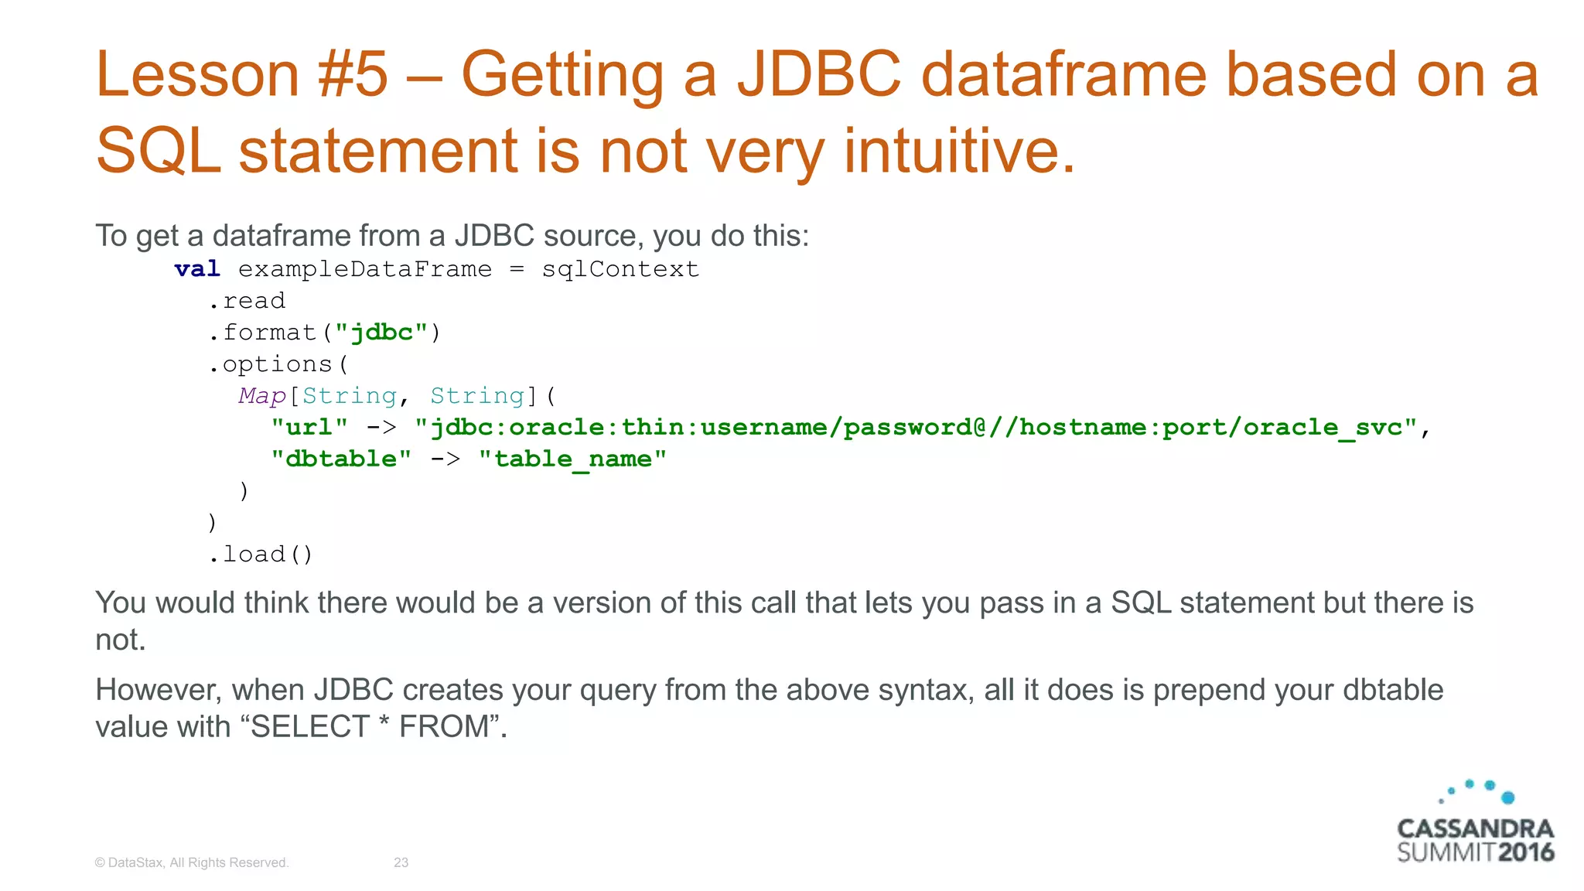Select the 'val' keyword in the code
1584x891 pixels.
(197, 269)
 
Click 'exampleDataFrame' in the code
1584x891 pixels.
(364, 269)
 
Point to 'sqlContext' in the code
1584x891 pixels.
(620, 269)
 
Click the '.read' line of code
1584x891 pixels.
(247, 301)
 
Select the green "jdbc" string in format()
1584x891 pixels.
(381, 333)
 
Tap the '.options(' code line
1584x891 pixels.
(278, 364)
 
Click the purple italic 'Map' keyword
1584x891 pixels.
(262, 396)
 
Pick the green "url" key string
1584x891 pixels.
(309, 428)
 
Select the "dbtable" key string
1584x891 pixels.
(341, 459)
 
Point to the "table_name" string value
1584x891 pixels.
(572, 459)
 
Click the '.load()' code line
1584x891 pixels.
(261, 555)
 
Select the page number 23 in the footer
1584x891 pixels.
(401, 862)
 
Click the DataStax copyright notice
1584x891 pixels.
(191, 862)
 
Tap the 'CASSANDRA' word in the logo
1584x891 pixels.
(1475, 829)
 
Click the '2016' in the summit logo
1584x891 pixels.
(1526, 853)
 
